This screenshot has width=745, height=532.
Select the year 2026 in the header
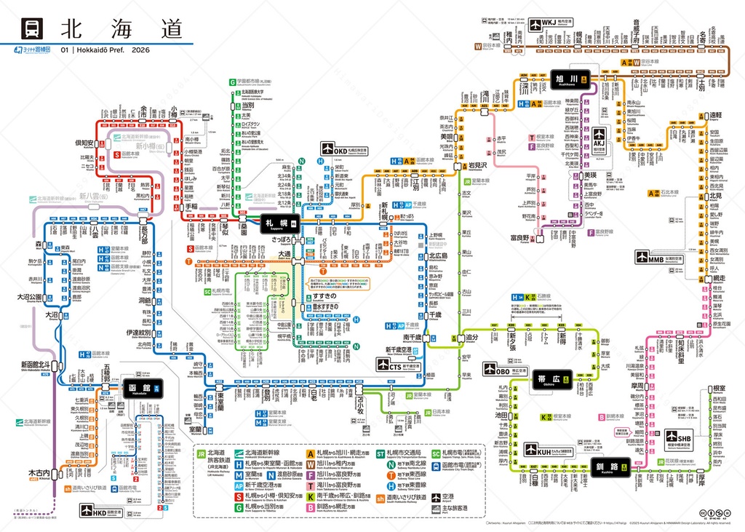(x=141, y=50)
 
